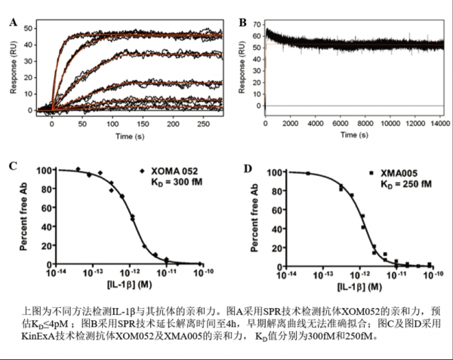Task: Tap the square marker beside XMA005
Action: [371, 174]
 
